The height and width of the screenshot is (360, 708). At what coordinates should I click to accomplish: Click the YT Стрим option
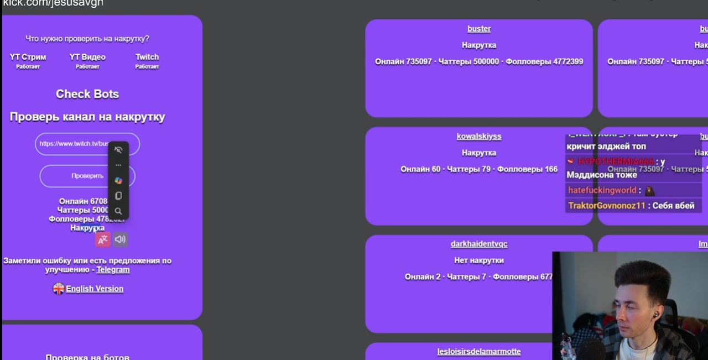tap(28, 57)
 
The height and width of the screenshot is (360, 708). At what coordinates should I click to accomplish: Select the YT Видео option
tap(87, 57)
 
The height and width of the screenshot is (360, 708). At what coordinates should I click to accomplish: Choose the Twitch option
tap(147, 57)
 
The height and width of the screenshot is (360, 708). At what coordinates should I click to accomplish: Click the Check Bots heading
tap(87, 94)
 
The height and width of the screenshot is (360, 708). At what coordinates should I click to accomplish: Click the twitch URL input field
tap(72, 144)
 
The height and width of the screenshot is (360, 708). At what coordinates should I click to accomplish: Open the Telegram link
tap(113, 270)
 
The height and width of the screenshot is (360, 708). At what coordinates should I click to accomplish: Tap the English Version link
tap(95, 289)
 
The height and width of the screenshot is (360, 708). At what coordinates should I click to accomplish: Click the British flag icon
tap(59, 289)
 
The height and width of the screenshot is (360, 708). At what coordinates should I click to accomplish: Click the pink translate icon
tap(103, 239)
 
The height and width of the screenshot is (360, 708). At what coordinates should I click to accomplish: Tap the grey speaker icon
tap(120, 239)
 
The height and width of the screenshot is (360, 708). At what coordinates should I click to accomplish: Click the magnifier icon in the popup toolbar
tap(118, 211)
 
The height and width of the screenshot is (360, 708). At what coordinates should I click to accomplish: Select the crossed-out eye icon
tap(118, 150)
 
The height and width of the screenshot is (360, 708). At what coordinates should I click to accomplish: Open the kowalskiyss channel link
tap(479, 136)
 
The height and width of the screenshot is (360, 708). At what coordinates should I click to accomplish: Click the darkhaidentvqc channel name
tap(479, 244)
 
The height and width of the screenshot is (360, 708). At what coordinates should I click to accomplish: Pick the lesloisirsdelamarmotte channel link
tap(479, 351)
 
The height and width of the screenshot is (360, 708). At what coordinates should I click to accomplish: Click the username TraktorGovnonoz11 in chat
tap(607, 206)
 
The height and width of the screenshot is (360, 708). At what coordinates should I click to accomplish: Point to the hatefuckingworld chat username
tap(602, 190)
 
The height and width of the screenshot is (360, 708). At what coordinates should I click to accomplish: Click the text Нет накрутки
tap(479, 260)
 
